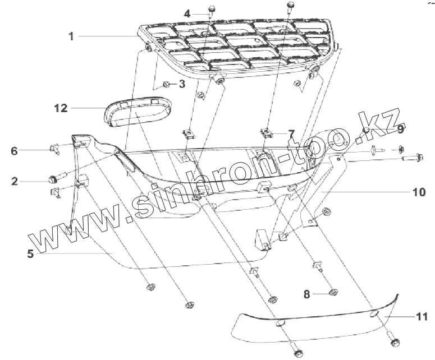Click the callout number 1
point(72,36)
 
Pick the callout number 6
point(15,150)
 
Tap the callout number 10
point(418,193)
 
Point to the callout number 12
point(61,108)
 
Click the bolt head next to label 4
point(213,8)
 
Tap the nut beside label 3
point(167,85)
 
